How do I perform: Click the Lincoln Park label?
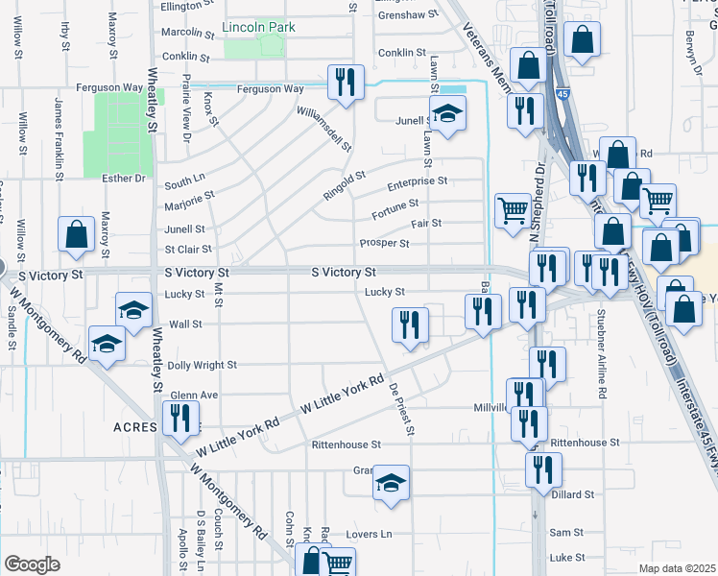pyautogui.click(x=258, y=28)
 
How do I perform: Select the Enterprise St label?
pyautogui.click(x=417, y=180)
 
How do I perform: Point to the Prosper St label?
pyautogui.click(x=384, y=243)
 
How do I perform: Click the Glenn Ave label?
pyautogui.click(x=194, y=396)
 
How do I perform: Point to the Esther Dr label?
pyautogui.click(x=126, y=178)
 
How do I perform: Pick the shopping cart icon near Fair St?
pyautogui.click(x=514, y=208)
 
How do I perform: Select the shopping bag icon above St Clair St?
pyautogui.click(x=76, y=233)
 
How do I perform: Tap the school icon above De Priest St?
pyautogui.click(x=391, y=482)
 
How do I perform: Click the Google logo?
pyautogui.click(x=32, y=564)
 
